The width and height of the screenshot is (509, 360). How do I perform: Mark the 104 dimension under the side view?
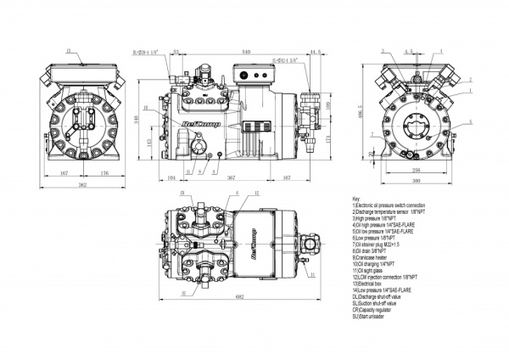[172, 178]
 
